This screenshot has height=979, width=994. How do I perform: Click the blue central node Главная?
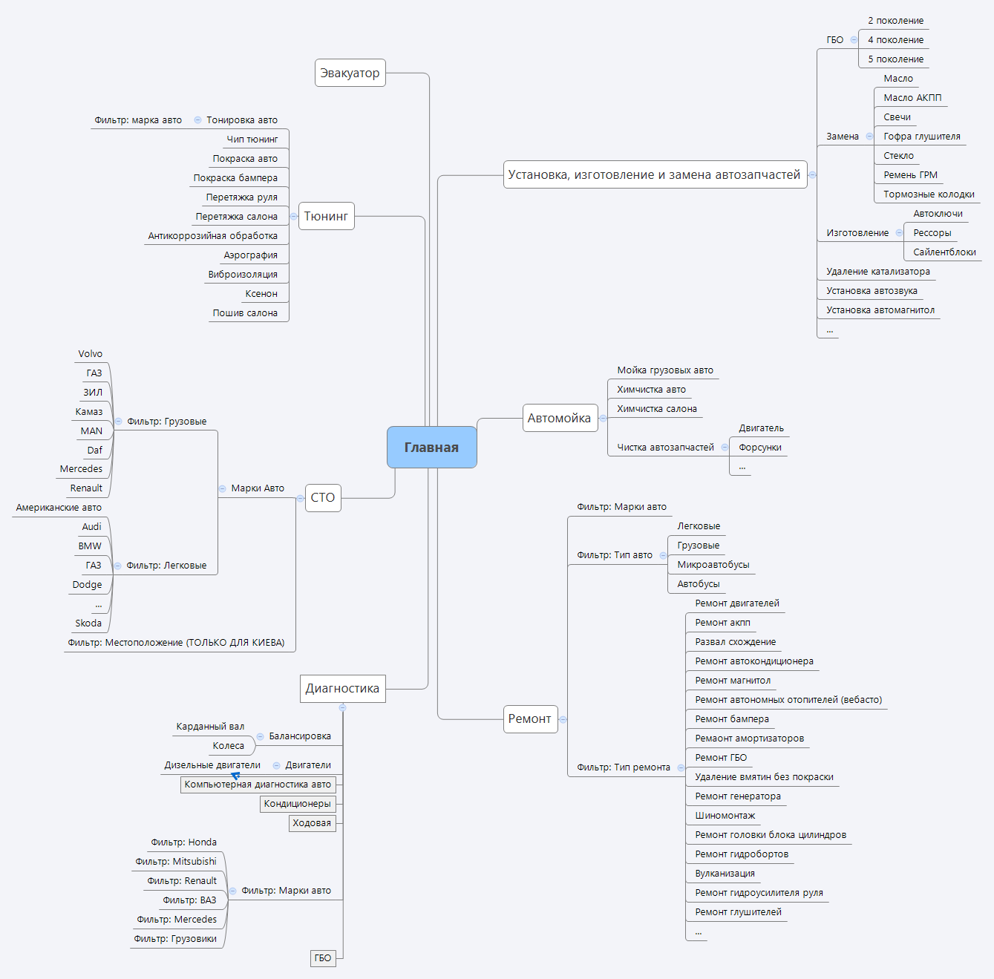point(431,447)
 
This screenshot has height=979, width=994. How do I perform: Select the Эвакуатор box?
point(350,73)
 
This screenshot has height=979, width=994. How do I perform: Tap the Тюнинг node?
point(326,216)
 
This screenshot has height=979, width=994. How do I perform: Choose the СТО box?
point(323,497)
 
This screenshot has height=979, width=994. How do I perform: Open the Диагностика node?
point(342,688)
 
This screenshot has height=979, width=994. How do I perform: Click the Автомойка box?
point(559,418)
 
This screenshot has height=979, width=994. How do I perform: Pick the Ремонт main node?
point(529,718)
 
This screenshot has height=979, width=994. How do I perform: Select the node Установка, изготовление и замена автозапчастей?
point(654,174)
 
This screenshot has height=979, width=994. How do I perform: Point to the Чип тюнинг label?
point(252,139)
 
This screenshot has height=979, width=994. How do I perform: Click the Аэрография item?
point(251,255)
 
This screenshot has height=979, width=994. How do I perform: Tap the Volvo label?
point(91,353)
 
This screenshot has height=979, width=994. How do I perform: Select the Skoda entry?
point(88,623)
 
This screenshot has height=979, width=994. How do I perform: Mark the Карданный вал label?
point(210,726)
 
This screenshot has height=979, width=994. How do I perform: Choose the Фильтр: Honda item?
point(183,842)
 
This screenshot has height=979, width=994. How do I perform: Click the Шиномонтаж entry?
point(725,815)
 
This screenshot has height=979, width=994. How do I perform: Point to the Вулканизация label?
point(725,873)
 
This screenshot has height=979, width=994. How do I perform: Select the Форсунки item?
point(759,447)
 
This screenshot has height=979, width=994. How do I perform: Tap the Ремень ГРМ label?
point(910,174)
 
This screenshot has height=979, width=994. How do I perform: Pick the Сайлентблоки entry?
point(944,252)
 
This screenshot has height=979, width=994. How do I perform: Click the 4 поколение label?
point(895,39)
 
